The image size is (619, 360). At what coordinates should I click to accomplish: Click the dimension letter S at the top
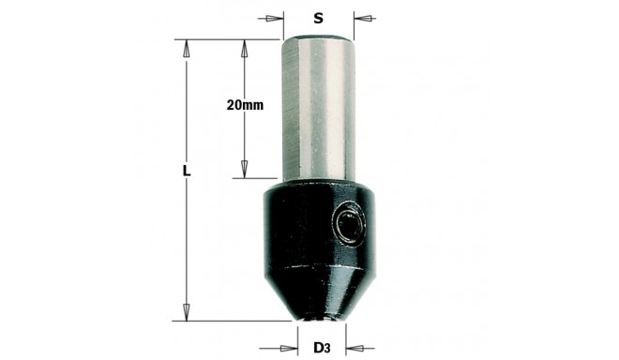tap(319, 17)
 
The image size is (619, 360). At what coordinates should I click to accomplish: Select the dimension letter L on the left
tap(187, 172)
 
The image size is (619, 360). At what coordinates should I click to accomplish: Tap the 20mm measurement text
tap(245, 105)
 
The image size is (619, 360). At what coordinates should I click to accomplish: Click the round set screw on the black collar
tap(349, 224)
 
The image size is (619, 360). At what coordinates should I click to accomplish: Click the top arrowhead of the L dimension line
tap(187, 48)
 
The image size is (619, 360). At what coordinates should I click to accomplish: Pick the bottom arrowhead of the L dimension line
tap(187, 310)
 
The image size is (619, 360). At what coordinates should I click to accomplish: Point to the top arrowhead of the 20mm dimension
tap(245, 48)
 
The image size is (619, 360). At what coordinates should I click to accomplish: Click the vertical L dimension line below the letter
tap(187, 244)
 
